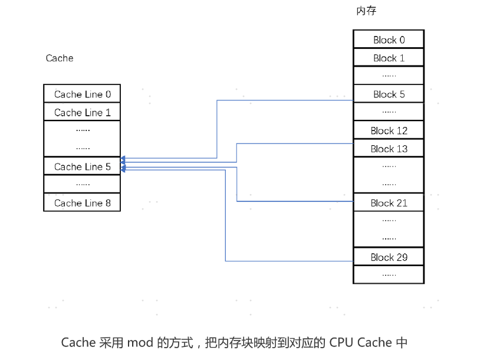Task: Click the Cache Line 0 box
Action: coord(82,94)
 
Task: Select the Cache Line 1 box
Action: coord(82,112)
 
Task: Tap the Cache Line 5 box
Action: coord(82,166)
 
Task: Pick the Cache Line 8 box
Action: coord(82,202)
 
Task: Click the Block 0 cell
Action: coord(389,40)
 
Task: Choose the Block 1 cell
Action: coord(389,58)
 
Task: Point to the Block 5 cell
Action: coord(389,94)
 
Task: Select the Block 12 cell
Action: coord(389,130)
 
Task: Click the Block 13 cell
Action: coord(389,149)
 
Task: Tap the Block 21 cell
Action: coord(389,202)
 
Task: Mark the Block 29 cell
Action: coord(389,257)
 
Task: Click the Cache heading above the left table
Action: coord(60,58)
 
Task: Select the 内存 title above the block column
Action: coord(366,11)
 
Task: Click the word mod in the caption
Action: coord(139,342)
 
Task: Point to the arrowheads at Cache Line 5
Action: coord(123,164)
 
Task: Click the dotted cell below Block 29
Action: coord(389,274)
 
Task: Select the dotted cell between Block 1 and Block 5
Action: coord(389,76)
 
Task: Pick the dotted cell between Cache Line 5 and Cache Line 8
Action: coord(82,184)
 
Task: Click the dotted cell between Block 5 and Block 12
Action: coord(389,112)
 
